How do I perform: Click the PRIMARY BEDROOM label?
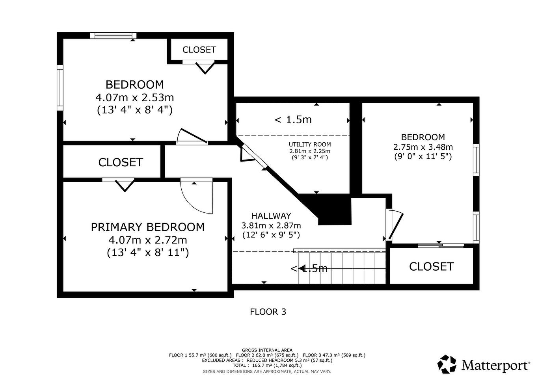pos(148,227)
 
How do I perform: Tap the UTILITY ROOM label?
pos(310,145)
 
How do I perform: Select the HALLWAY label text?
pos(271,216)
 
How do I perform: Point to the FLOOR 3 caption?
pos(268,312)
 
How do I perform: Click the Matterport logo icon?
pos(447,364)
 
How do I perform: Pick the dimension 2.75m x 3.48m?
pos(423,147)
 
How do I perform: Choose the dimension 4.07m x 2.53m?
pos(135,97)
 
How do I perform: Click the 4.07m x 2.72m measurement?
pos(148,240)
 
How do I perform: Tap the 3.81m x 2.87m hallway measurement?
pos(271,225)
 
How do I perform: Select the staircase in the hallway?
pos(341,268)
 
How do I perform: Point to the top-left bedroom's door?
pos(192,136)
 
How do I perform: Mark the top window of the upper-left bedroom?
pos(114,35)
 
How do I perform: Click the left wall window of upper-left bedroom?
pos(60,88)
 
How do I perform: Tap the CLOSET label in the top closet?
pos(199,50)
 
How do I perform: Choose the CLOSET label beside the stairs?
pos(431,267)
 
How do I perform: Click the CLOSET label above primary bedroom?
pos(120,162)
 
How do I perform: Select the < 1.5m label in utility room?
pos(293,119)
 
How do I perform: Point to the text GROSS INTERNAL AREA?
pos(267,350)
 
